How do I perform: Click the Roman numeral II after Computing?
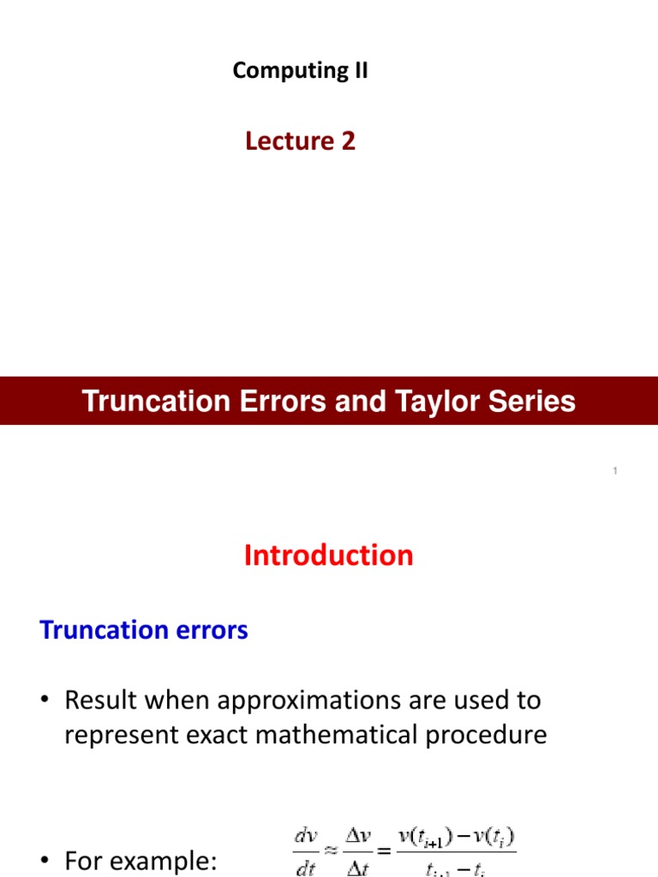tap(356, 71)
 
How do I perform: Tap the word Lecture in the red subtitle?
tap(287, 141)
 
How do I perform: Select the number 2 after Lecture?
tap(348, 141)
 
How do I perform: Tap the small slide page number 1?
tap(616, 472)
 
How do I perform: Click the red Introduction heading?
tap(328, 556)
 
